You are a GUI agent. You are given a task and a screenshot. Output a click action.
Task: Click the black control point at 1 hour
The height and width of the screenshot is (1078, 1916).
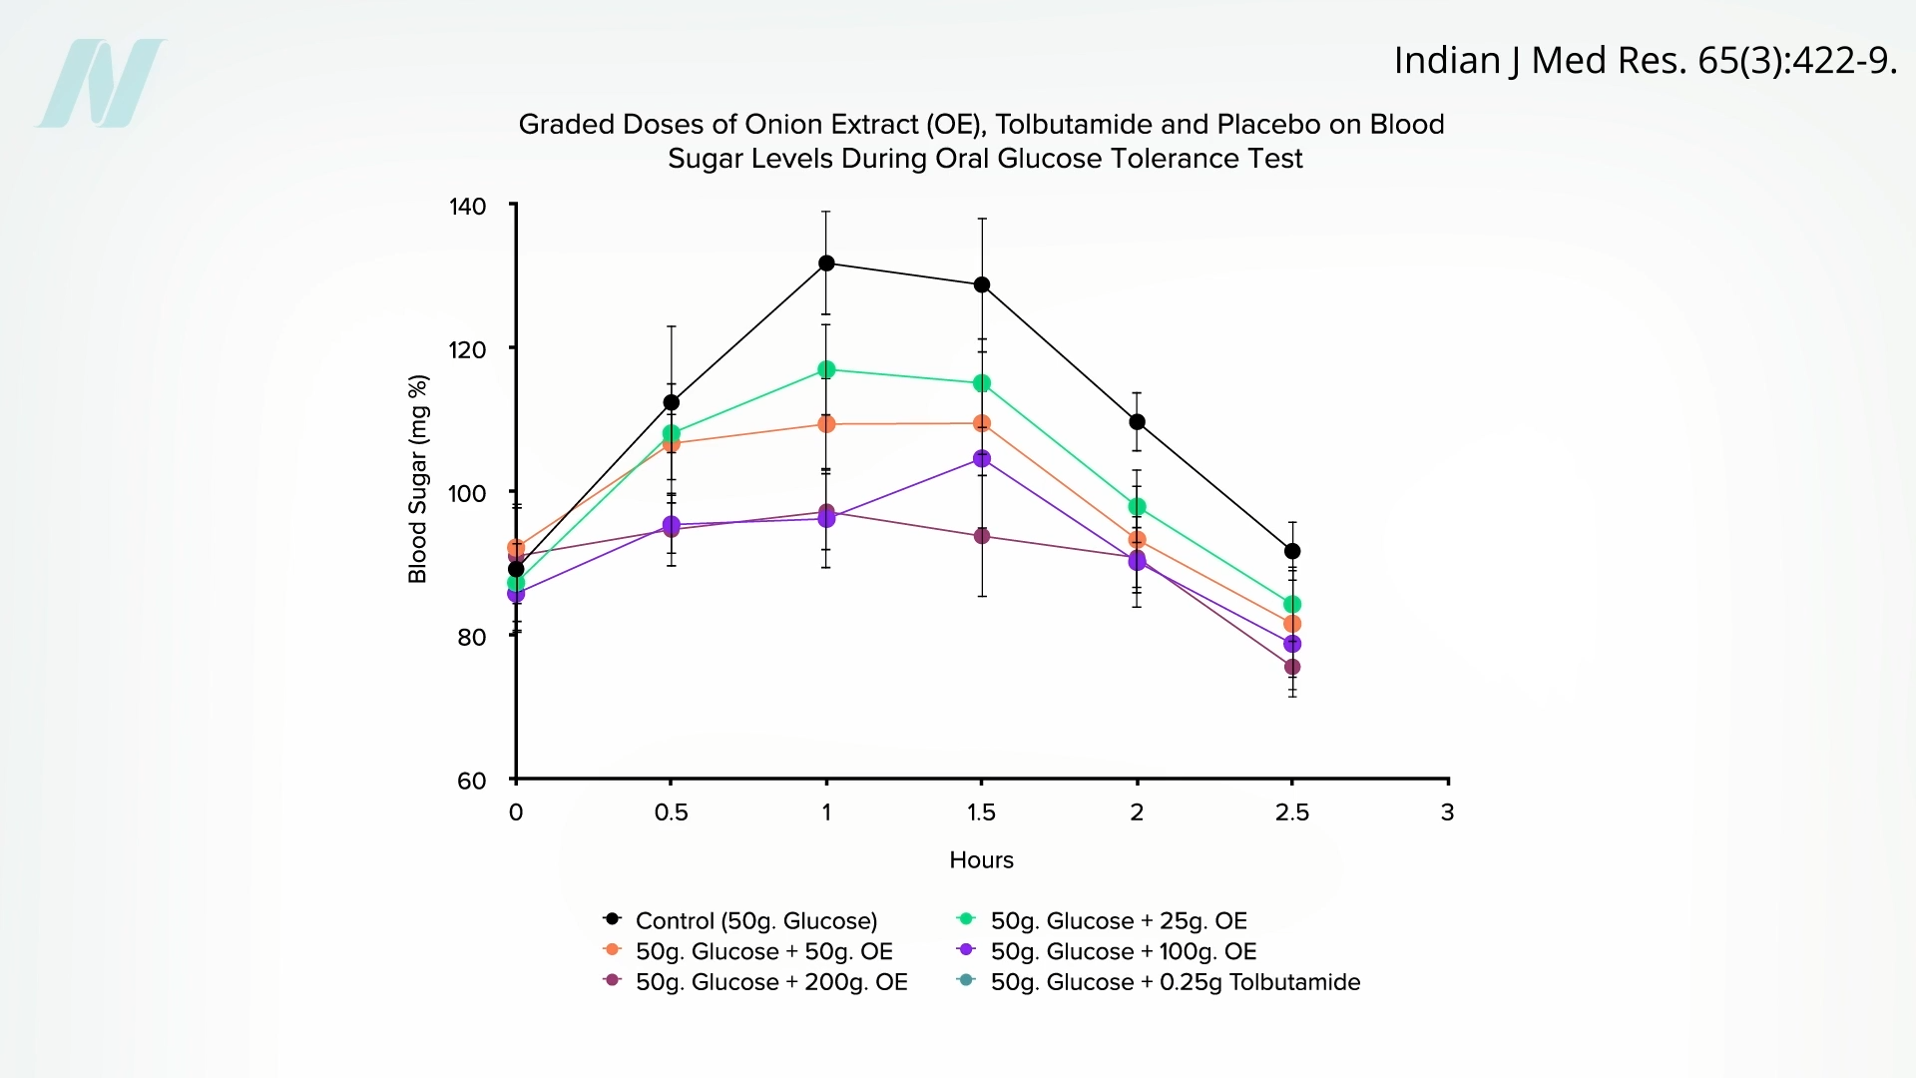click(x=826, y=264)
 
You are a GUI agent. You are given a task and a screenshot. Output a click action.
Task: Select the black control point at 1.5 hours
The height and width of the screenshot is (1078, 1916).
click(x=982, y=285)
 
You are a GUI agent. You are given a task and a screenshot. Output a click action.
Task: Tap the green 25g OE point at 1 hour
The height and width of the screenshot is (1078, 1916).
click(x=826, y=370)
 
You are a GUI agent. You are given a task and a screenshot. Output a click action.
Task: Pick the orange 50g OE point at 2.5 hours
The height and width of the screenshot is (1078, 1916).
click(x=1292, y=624)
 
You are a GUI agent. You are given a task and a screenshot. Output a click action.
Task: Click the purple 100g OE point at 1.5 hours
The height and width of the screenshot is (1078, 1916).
click(x=982, y=459)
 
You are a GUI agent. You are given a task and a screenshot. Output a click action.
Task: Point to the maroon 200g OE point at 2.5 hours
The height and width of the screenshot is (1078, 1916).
click(x=1292, y=667)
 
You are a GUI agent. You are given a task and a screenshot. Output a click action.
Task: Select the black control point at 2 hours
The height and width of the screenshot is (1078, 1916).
click(x=1137, y=422)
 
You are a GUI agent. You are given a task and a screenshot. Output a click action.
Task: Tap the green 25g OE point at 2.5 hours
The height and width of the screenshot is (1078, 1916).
click(x=1292, y=605)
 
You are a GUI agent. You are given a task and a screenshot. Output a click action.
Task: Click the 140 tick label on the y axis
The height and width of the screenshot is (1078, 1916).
click(x=467, y=207)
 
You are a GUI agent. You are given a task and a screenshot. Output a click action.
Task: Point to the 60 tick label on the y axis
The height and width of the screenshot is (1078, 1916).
click(x=471, y=782)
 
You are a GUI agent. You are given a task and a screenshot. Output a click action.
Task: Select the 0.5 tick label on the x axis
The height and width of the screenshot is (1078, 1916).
click(x=671, y=812)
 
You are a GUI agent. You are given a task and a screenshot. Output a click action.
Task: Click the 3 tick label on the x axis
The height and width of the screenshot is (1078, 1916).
click(x=1447, y=812)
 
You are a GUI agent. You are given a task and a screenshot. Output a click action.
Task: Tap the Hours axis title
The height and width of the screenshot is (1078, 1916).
click(x=981, y=860)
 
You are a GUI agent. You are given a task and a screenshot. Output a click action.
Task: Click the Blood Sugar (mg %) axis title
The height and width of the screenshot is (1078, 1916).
click(x=418, y=479)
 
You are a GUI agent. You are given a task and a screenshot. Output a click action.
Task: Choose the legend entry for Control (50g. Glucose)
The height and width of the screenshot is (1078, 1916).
click(x=755, y=920)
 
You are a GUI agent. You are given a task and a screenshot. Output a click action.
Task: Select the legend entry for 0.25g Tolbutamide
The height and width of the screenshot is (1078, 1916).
click(x=1175, y=982)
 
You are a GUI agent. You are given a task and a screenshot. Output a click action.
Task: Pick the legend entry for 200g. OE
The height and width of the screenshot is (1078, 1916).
click(x=770, y=982)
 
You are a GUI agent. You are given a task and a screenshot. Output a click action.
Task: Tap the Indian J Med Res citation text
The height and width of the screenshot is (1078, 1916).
click(x=1644, y=61)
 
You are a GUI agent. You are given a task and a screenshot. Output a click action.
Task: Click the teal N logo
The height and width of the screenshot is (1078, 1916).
click(x=101, y=84)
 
